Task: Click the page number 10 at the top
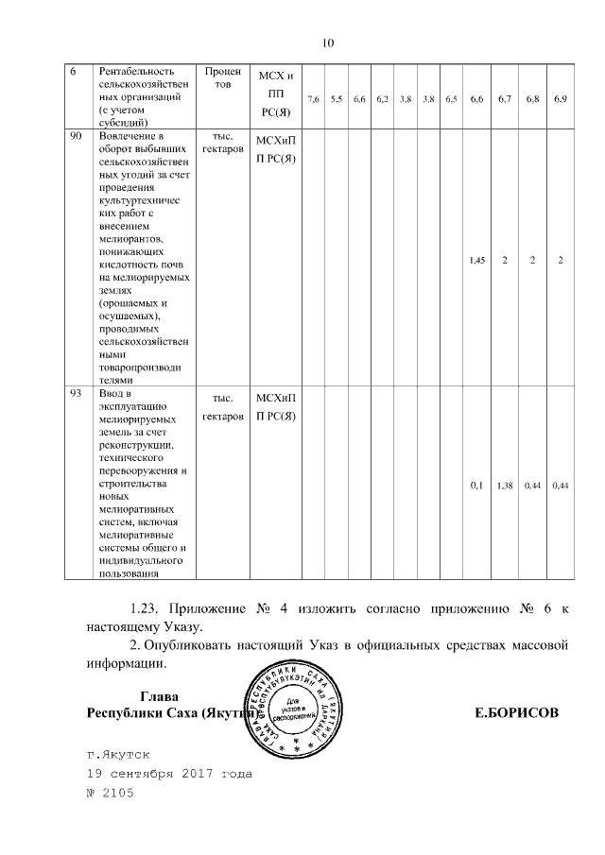click(x=329, y=43)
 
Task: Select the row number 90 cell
click(x=77, y=138)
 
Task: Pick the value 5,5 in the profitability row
click(x=337, y=98)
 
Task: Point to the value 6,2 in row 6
click(x=382, y=98)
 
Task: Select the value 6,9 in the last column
click(x=560, y=98)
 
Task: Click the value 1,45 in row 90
click(x=477, y=261)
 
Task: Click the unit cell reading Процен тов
click(x=223, y=77)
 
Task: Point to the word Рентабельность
click(x=132, y=72)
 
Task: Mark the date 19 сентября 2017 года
click(x=169, y=775)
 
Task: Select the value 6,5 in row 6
click(x=451, y=98)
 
